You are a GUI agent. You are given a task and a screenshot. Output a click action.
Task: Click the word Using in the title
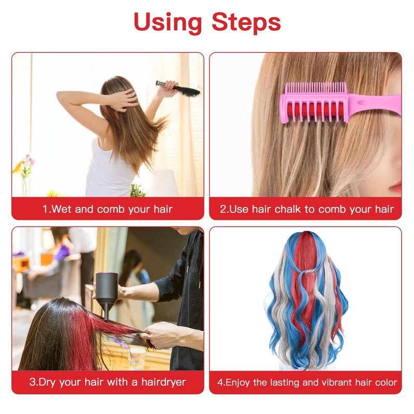168,22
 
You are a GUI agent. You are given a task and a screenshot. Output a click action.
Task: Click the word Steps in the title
246,22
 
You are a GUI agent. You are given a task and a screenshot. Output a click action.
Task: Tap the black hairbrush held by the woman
179,88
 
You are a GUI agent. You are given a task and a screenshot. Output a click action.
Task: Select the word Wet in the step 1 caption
62,209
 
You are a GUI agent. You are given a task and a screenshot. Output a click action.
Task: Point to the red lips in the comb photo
395,187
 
